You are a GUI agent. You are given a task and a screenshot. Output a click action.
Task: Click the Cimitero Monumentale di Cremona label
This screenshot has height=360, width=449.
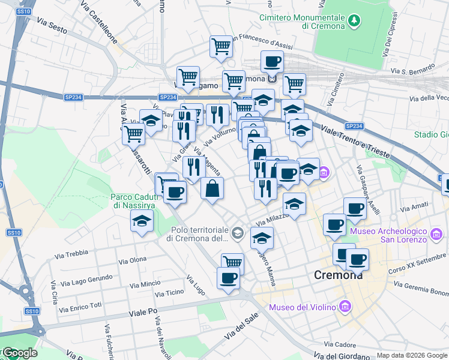tap(302, 22)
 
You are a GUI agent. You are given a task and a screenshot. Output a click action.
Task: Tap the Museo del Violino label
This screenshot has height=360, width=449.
tap(302, 308)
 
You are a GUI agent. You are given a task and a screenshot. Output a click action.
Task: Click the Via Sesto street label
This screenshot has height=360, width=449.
tap(52, 23)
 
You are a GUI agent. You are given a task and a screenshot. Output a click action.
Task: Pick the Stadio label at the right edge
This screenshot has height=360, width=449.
tap(431, 134)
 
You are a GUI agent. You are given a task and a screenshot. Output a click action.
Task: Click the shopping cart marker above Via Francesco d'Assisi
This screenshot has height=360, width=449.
tap(221, 46)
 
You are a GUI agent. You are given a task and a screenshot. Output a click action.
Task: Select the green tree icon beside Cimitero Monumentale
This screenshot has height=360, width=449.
tap(355, 22)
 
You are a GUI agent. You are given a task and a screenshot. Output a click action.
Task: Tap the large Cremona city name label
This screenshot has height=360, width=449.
tap(339, 275)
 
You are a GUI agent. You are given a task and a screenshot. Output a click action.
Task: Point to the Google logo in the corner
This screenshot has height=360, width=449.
tap(19, 353)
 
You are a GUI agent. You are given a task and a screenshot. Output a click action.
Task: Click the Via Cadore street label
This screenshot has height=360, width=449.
tap(340, 344)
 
